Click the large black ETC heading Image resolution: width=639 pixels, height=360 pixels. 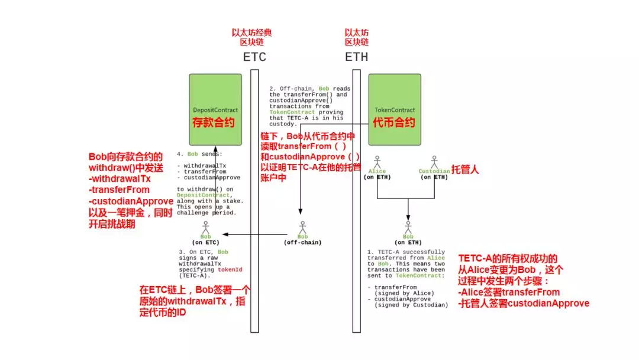255,57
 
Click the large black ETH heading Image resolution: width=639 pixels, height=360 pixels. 357,57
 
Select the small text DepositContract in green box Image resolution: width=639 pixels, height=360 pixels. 215,110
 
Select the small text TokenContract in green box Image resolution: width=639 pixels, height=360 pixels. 395,110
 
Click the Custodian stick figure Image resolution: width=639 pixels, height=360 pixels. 434,161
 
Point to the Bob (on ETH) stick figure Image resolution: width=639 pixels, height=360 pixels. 408,227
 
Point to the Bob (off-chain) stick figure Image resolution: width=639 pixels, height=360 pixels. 302,227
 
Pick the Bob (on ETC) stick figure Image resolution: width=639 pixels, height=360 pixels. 205,227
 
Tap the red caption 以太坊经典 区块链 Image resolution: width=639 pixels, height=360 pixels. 255,37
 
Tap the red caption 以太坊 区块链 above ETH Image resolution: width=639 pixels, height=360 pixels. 357,37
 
